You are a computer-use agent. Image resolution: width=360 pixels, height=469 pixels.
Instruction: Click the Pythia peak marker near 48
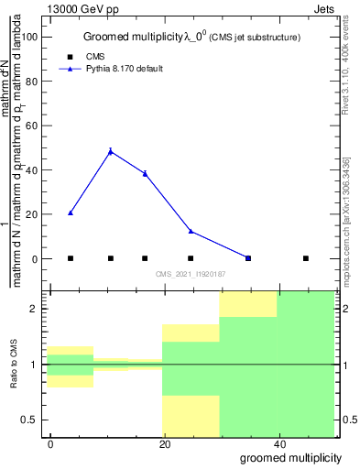(111, 151)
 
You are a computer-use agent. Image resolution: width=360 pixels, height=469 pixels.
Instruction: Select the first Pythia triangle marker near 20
(71, 213)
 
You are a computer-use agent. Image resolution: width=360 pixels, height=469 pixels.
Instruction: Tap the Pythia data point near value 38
(145, 173)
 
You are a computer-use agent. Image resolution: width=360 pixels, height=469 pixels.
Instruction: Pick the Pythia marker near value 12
(191, 231)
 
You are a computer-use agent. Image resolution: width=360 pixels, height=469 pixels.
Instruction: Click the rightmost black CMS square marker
(306, 258)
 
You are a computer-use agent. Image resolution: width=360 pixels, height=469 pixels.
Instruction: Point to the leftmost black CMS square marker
(71, 258)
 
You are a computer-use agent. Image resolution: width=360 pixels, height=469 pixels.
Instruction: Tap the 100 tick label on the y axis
(29, 37)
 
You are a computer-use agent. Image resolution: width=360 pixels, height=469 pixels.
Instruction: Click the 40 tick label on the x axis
(278, 444)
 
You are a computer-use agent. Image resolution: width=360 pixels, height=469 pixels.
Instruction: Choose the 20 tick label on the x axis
(164, 444)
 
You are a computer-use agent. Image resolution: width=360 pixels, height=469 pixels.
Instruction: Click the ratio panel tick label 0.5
(30, 420)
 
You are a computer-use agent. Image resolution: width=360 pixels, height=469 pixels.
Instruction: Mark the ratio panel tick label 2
(35, 309)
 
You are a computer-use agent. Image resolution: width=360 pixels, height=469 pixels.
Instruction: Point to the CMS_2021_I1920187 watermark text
(190, 274)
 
